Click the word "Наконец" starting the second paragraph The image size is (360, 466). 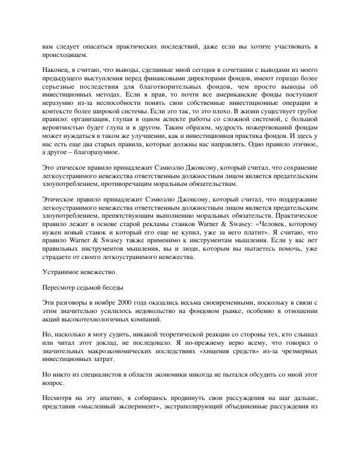(x=58, y=71)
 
